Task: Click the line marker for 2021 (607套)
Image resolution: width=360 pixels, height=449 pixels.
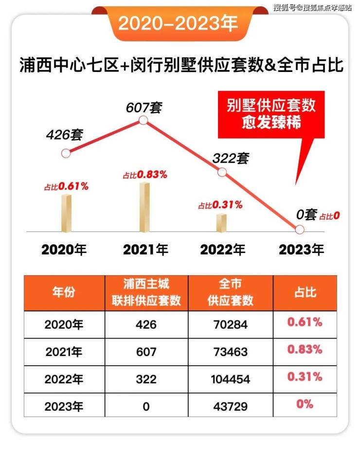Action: click(143, 120)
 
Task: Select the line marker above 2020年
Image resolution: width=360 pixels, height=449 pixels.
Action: click(66, 153)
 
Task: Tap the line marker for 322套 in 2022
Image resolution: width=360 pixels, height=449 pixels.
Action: click(222, 172)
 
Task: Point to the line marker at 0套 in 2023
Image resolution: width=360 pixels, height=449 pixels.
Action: click(300, 229)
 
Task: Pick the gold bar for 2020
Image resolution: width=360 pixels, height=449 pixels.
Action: click(66, 213)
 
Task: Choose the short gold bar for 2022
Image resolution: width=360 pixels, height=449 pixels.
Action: click(222, 222)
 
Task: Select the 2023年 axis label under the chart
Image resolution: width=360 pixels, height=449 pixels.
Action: click(301, 250)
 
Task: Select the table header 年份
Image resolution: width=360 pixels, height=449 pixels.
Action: click(64, 293)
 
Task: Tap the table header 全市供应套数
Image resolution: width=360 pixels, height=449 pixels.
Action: click(231, 293)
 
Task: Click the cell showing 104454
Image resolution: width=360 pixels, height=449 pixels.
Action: click(231, 378)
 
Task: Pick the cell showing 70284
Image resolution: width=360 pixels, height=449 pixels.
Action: click(231, 324)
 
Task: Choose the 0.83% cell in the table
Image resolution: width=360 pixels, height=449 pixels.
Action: click(305, 349)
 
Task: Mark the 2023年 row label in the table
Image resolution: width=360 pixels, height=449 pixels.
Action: click(64, 405)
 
